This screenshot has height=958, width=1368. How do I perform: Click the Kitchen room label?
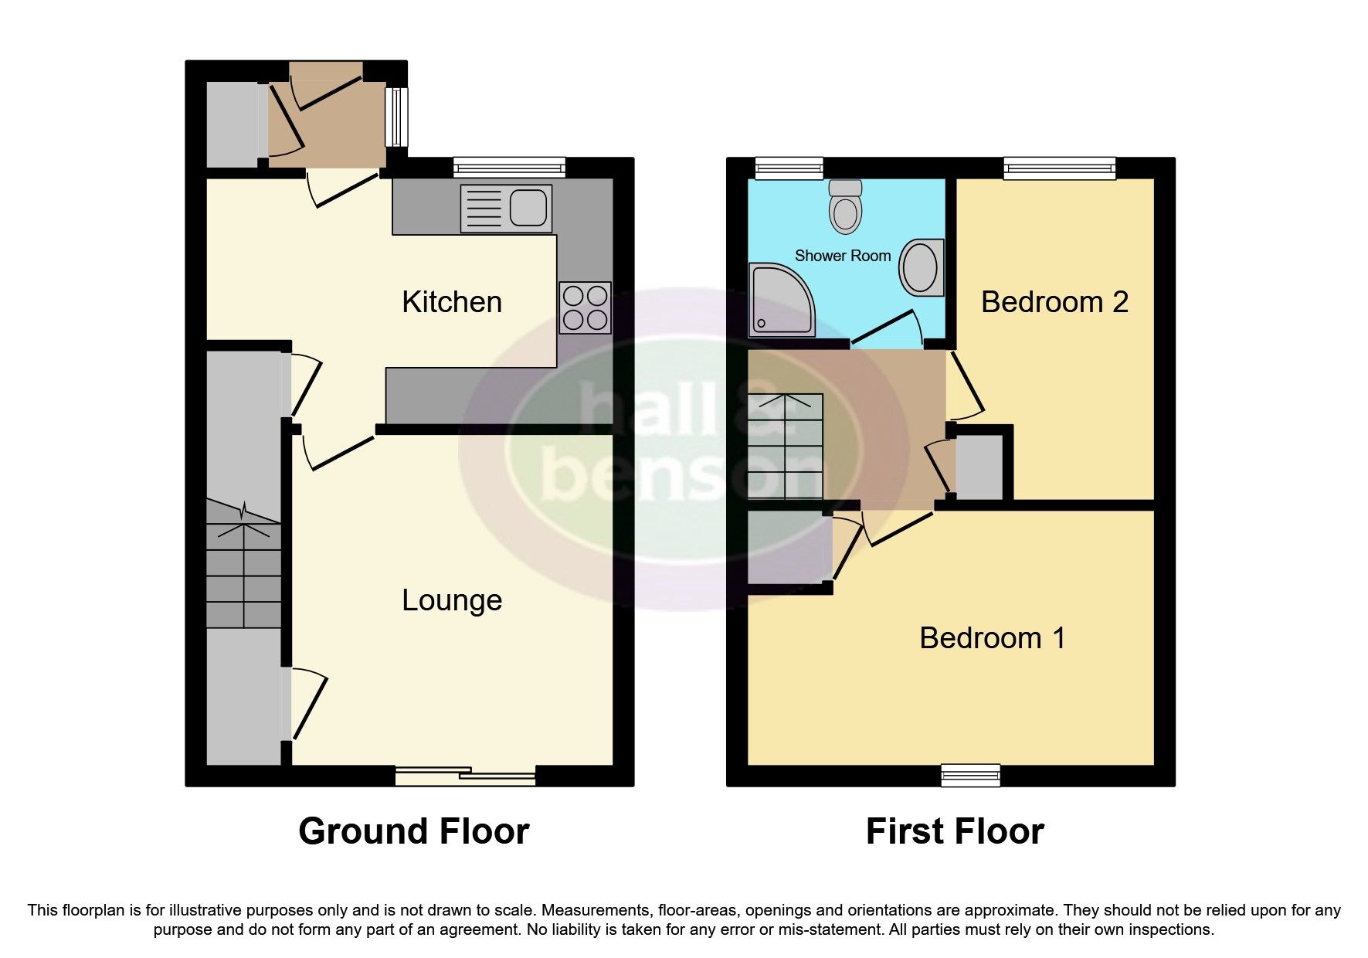(x=452, y=302)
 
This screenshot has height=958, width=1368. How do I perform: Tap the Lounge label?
(x=452, y=600)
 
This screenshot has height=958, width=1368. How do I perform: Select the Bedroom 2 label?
(x=1054, y=302)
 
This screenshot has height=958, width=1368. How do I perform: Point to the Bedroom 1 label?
(x=992, y=638)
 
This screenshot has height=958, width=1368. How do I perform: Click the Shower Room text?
(x=842, y=256)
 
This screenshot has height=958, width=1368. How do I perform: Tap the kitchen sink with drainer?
(x=506, y=208)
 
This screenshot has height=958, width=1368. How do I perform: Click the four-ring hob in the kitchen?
(x=585, y=307)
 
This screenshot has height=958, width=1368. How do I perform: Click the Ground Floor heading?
(x=413, y=831)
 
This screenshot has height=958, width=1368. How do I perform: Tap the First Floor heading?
(x=954, y=831)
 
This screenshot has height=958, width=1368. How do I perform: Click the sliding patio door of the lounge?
(x=465, y=775)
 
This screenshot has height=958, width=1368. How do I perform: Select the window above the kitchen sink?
(x=509, y=167)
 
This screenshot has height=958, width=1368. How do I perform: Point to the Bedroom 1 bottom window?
(x=970, y=775)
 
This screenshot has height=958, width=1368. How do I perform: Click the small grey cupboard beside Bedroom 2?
(x=979, y=467)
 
